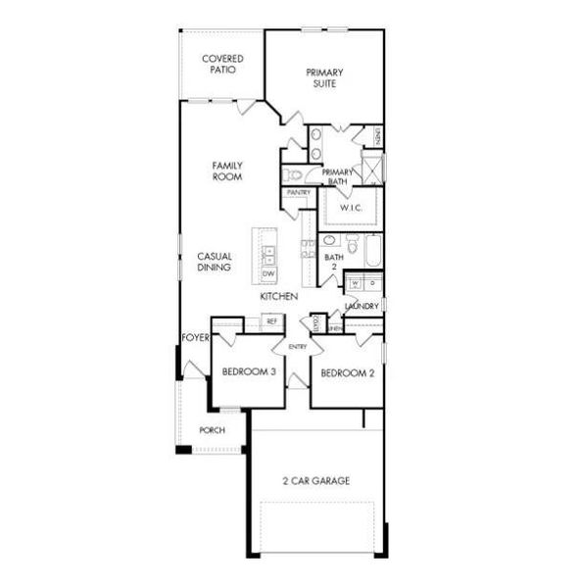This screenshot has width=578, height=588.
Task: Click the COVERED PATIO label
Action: [x=222, y=65]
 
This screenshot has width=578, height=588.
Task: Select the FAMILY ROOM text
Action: [x=227, y=171]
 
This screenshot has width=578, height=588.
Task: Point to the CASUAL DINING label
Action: [x=214, y=262]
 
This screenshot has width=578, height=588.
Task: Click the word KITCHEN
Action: [x=279, y=296]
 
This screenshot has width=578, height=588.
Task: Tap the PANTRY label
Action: [x=298, y=193]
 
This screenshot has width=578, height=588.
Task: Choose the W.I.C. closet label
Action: [x=351, y=208]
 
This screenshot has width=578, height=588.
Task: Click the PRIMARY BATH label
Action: [x=337, y=176]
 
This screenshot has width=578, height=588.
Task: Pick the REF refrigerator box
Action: [x=271, y=320]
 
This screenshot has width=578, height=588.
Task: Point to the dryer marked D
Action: [x=371, y=283]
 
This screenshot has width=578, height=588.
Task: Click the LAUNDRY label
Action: [x=361, y=307]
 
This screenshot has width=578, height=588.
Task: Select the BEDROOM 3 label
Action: [x=248, y=373]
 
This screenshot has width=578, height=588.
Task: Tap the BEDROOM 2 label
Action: [x=347, y=373]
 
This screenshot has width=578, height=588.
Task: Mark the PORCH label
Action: [x=212, y=430]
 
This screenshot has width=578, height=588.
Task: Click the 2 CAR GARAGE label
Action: [x=315, y=480]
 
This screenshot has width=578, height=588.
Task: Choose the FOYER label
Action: [x=195, y=338]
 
